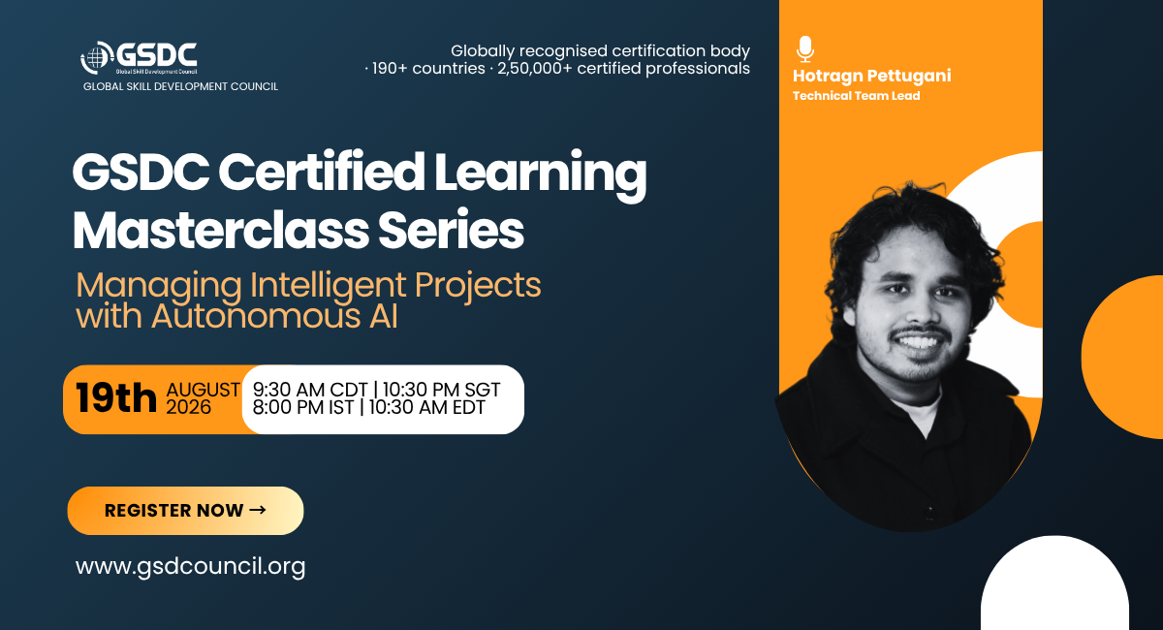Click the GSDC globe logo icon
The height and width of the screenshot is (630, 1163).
tap(97, 57)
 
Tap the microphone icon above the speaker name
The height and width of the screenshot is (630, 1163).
tap(805, 49)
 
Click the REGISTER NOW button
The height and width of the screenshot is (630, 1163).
tap(185, 511)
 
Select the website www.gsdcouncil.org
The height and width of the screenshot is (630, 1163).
tap(191, 566)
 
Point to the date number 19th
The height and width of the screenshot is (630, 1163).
tap(115, 398)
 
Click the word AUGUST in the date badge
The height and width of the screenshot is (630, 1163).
tap(203, 390)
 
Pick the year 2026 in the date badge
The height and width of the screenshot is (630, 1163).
tap(188, 407)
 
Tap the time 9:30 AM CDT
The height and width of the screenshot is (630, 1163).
tap(310, 390)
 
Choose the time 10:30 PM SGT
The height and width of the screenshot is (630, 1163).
tap(441, 390)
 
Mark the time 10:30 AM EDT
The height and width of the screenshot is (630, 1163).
tap(426, 407)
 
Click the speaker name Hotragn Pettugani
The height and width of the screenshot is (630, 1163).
tap(871, 77)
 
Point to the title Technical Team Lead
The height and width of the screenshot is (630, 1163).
tap(856, 96)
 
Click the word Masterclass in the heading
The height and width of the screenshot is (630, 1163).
tap(221, 230)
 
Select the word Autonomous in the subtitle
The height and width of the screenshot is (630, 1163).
tap(257, 316)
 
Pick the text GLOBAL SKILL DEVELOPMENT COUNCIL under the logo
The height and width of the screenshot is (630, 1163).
tap(180, 86)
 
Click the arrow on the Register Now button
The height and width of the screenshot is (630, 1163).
tap(258, 510)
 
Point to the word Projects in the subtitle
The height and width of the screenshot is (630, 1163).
tap(478, 287)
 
